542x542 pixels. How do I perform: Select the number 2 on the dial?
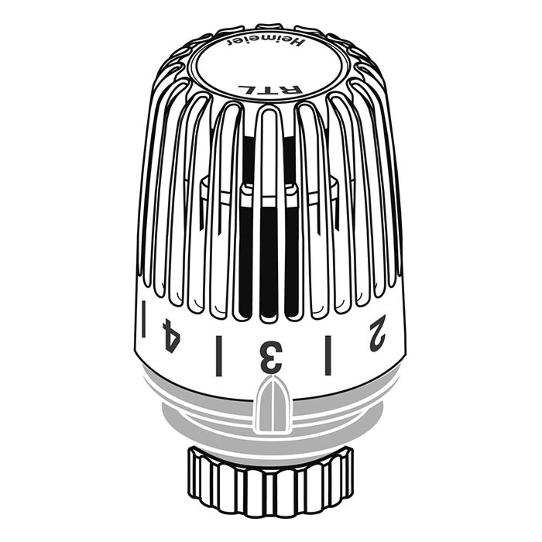(x=377, y=333)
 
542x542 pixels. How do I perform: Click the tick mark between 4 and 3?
(x=218, y=355)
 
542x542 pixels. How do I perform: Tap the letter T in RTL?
(x=267, y=90)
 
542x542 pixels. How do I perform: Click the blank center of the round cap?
(x=267, y=66)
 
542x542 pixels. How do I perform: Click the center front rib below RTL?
(x=268, y=194)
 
